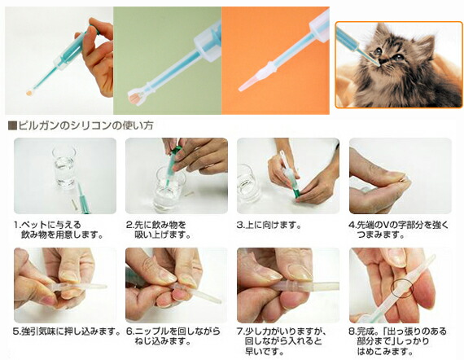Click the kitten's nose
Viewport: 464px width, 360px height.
tap(383, 61)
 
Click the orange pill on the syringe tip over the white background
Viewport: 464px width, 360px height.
tap(28, 93)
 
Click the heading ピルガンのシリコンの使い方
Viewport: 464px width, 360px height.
tap(85, 125)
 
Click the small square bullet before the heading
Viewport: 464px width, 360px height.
tap(12, 125)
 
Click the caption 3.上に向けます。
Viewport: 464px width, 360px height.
tap(269, 225)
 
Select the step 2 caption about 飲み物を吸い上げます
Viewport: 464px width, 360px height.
tap(158, 230)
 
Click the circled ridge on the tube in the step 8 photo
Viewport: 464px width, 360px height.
tap(401, 287)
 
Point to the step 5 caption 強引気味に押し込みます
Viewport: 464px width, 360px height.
tap(67, 331)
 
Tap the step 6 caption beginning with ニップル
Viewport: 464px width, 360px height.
tap(173, 336)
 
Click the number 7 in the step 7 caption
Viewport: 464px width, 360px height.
tap(239, 331)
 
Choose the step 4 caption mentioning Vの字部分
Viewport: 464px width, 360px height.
tap(399, 230)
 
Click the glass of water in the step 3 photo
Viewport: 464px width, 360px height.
tap(248, 182)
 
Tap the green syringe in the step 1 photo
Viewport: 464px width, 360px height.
tap(82, 198)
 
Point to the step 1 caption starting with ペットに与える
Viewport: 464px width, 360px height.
tap(59, 230)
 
